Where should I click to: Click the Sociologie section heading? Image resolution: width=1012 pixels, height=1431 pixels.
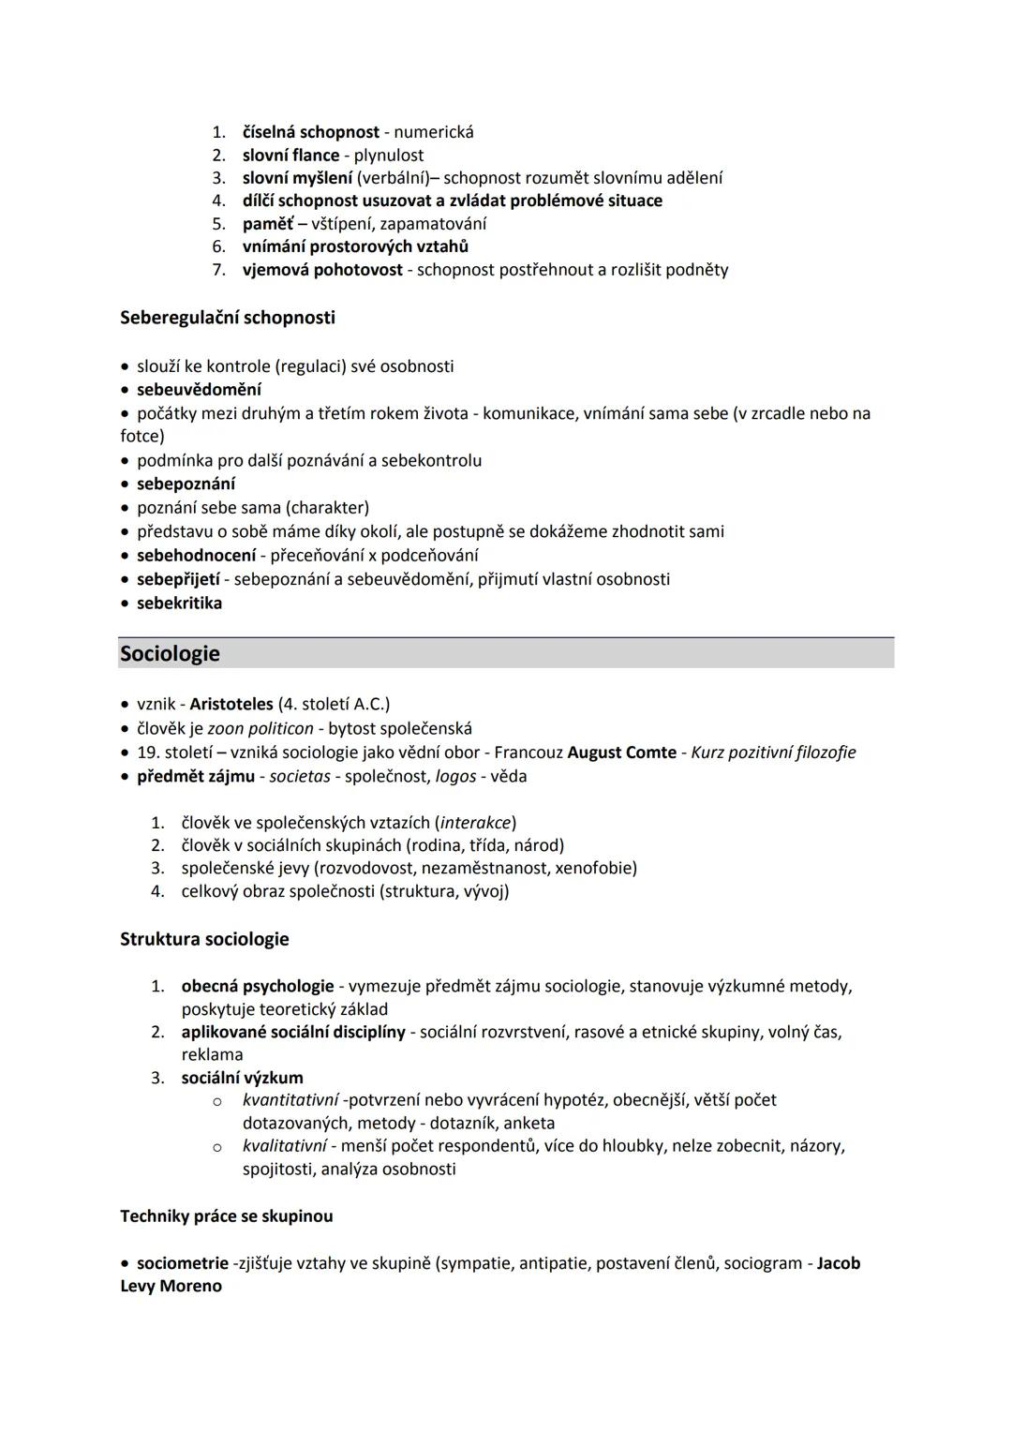coord(170,653)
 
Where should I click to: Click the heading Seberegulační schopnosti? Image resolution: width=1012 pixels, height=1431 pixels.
coord(227,318)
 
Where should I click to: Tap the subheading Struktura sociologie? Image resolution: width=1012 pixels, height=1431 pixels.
coord(204,939)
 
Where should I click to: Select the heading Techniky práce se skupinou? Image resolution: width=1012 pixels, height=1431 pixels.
coord(226,1215)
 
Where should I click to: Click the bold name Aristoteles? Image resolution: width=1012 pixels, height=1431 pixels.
coord(231,704)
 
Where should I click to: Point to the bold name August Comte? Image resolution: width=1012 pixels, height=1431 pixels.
coord(621,753)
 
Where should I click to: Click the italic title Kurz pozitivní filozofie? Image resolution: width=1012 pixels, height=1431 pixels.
coord(773,753)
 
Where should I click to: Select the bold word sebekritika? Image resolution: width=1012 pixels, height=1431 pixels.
coord(179,603)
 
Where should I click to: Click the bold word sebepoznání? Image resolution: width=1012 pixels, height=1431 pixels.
coord(186,484)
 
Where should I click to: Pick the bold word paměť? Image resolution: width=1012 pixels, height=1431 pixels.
coord(267,224)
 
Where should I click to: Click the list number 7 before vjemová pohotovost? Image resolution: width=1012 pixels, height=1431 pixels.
coord(218,270)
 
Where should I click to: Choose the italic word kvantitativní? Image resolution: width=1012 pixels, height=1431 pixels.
coord(290,1099)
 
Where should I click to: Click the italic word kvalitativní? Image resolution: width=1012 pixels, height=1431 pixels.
coord(284,1145)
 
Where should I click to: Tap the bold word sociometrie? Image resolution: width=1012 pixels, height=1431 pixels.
coord(182,1262)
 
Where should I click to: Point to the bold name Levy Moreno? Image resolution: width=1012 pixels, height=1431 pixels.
coord(171,1286)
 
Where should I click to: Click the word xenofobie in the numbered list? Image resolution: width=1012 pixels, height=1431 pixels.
coord(593,868)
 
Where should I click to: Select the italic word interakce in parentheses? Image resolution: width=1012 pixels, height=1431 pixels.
coord(475,823)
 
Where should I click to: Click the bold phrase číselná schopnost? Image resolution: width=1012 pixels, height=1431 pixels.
coord(310,132)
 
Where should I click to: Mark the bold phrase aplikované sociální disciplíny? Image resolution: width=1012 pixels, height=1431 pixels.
coord(292,1032)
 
